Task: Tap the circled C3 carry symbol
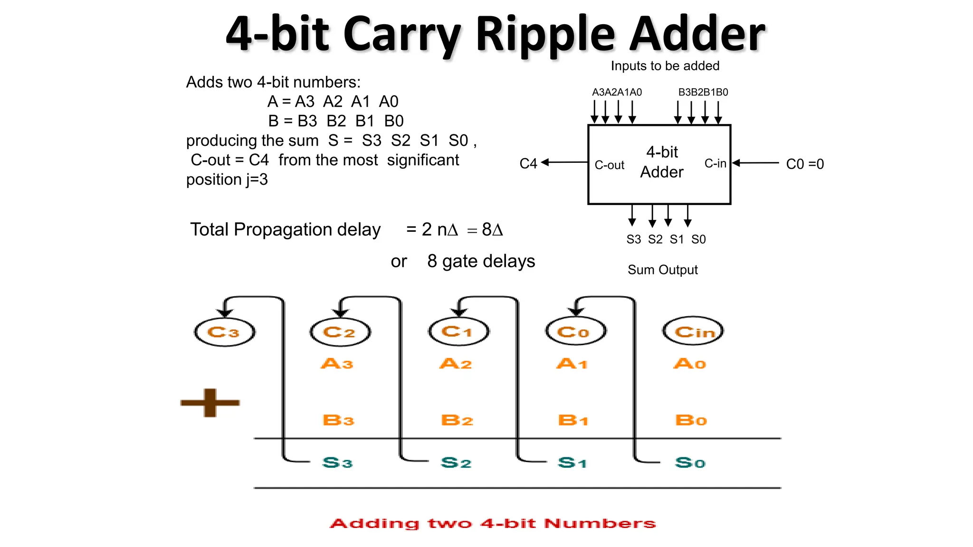point(224,332)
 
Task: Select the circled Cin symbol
point(693,331)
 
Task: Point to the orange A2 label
point(456,364)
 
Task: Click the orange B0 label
point(691,420)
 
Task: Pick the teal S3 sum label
point(337,462)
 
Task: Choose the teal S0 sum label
point(690,462)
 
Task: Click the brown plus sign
point(210,403)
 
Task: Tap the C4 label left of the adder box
point(528,164)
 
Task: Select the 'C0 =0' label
point(805,164)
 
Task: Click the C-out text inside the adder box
point(610,165)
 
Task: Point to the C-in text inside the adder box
point(715,164)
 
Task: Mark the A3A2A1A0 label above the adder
point(617,92)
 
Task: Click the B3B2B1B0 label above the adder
point(703,92)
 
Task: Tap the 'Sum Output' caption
point(662,270)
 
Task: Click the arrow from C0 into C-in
point(755,163)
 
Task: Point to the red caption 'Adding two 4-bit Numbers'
point(493,523)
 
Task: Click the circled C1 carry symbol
point(458,331)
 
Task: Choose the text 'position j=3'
point(227,180)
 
